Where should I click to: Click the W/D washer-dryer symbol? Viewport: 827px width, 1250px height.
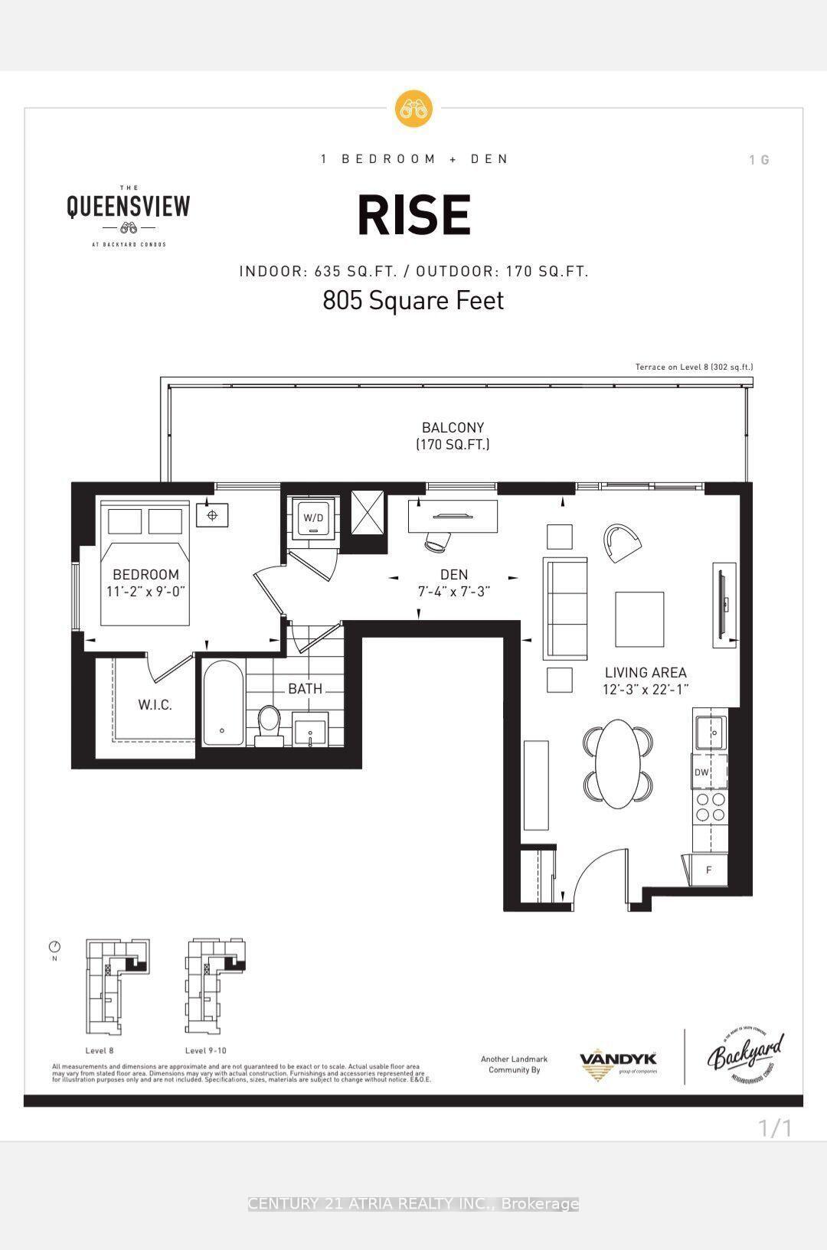coord(313,518)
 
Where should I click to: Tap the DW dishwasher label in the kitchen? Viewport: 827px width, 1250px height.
coord(701,772)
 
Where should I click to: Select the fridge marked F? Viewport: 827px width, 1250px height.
coord(709,870)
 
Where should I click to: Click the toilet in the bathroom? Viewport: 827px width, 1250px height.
coord(269,724)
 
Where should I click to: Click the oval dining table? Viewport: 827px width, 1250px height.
coord(619,763)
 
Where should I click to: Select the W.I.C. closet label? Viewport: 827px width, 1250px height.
coord(155,704)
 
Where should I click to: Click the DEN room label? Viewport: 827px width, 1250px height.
coord(453,574)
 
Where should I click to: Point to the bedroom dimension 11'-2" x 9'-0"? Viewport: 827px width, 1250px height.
coord(145,591)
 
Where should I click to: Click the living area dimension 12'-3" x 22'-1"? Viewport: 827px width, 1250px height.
coord(645,689)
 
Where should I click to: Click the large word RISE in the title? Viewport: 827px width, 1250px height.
coord(413,216)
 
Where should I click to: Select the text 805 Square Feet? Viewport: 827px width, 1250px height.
coord(413,300)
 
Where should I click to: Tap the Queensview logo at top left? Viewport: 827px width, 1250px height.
coord(128,215)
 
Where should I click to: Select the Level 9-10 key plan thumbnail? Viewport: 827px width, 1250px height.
coord(217,985)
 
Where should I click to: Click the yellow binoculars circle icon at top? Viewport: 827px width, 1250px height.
coord(413,109)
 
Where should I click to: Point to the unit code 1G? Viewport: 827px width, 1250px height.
coord(759,160)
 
